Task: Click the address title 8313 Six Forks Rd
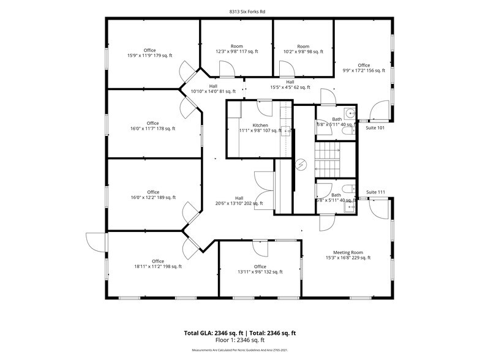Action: [x=239, y=11]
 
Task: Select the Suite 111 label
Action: [x=375, y=192]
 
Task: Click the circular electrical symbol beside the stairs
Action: [x=301, y=164]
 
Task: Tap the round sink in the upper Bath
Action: [x=349, y=113]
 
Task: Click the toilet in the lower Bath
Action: [x=347, y=189]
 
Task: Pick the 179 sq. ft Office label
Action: [x=150, y=54]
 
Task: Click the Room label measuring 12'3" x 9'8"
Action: [x=236, y=49]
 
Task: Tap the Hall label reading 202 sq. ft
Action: [x=239, y=201]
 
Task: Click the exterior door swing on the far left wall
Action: [x=96, y=242]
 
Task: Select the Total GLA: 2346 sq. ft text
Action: [x=211, y=333]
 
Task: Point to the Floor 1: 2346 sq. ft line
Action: [x=239, y=340]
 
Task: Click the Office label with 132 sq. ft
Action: [x=260, y=269]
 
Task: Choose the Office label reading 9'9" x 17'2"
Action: [x=364, y=68]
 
